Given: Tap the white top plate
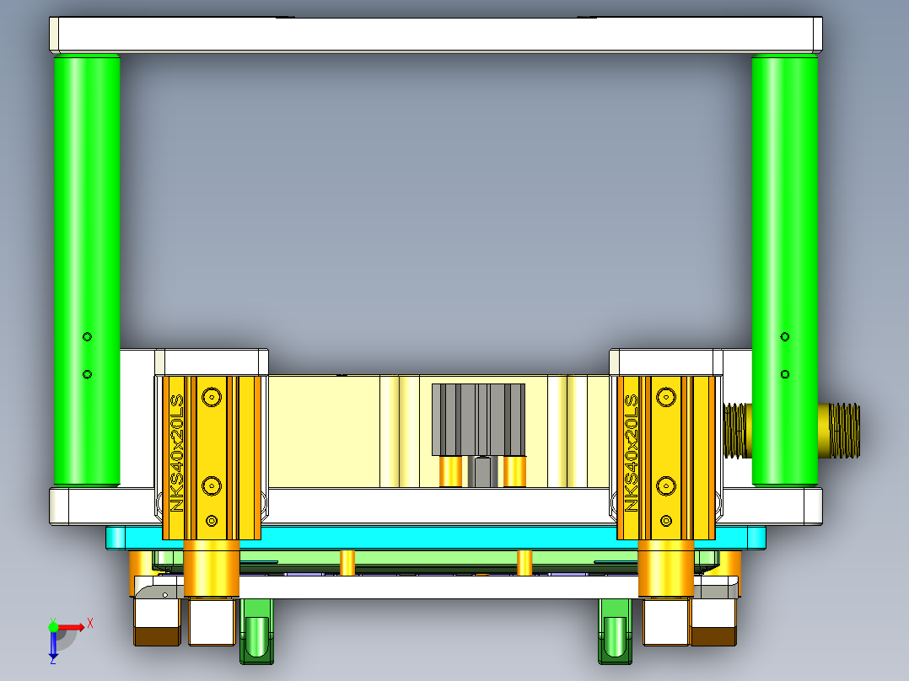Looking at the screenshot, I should (x=436, y=35).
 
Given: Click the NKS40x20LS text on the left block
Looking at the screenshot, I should (x=177, y=452).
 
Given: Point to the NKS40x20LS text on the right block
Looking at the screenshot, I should (x=631, y=452).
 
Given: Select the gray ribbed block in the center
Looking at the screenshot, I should (x=478, y=419).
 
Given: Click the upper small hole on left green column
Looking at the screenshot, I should (x=86, y=337).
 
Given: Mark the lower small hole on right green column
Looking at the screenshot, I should (x=785, y=373).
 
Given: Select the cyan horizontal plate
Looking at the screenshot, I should (x=436, y=537).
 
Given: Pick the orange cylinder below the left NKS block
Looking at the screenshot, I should (x=211, y=569).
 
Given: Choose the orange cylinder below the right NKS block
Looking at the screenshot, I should (x=665, y=569).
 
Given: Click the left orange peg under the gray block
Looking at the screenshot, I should (x=451, y=471).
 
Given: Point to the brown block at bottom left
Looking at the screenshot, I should (x=157, y=637).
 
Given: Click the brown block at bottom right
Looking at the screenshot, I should (x=714, y=637).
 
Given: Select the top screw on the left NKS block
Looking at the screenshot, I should (x=211, y=395).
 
